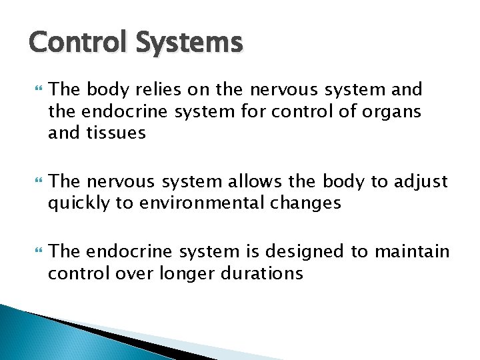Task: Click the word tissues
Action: pyautogui.click(x=114, y=133)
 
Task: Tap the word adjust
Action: pyautogui.click(x=422, y=181)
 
